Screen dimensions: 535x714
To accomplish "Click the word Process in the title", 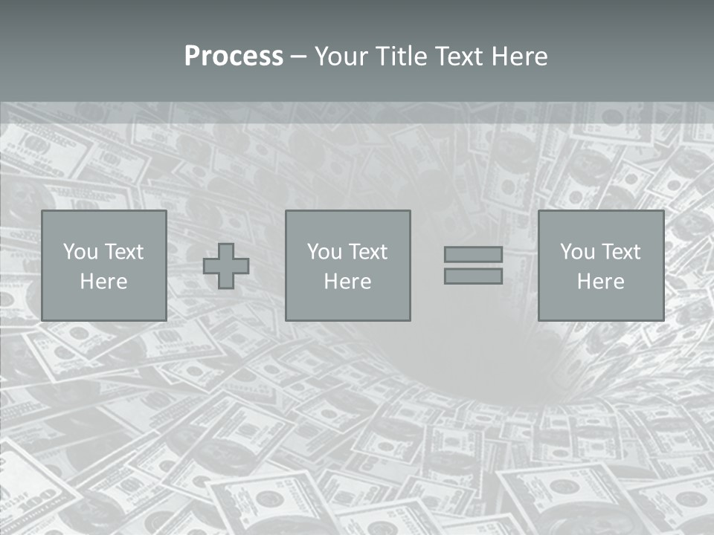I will tap(234, 56).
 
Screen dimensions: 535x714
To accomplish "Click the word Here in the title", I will tap(521, 56).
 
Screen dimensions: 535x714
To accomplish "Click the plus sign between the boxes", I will tap(226, 266).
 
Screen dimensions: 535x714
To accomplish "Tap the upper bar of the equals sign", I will tap(473, 254).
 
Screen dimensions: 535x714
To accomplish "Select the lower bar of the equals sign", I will tap(473, 276).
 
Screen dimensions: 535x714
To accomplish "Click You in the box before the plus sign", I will tap(80, 252).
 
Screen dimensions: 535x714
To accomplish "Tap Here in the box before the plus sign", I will tap(103, 282).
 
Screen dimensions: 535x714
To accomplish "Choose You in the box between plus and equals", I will tap(324, 252).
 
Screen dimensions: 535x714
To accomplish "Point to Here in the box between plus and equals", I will tap(347, 282).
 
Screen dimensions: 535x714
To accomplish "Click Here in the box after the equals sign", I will tap(600, 282).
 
